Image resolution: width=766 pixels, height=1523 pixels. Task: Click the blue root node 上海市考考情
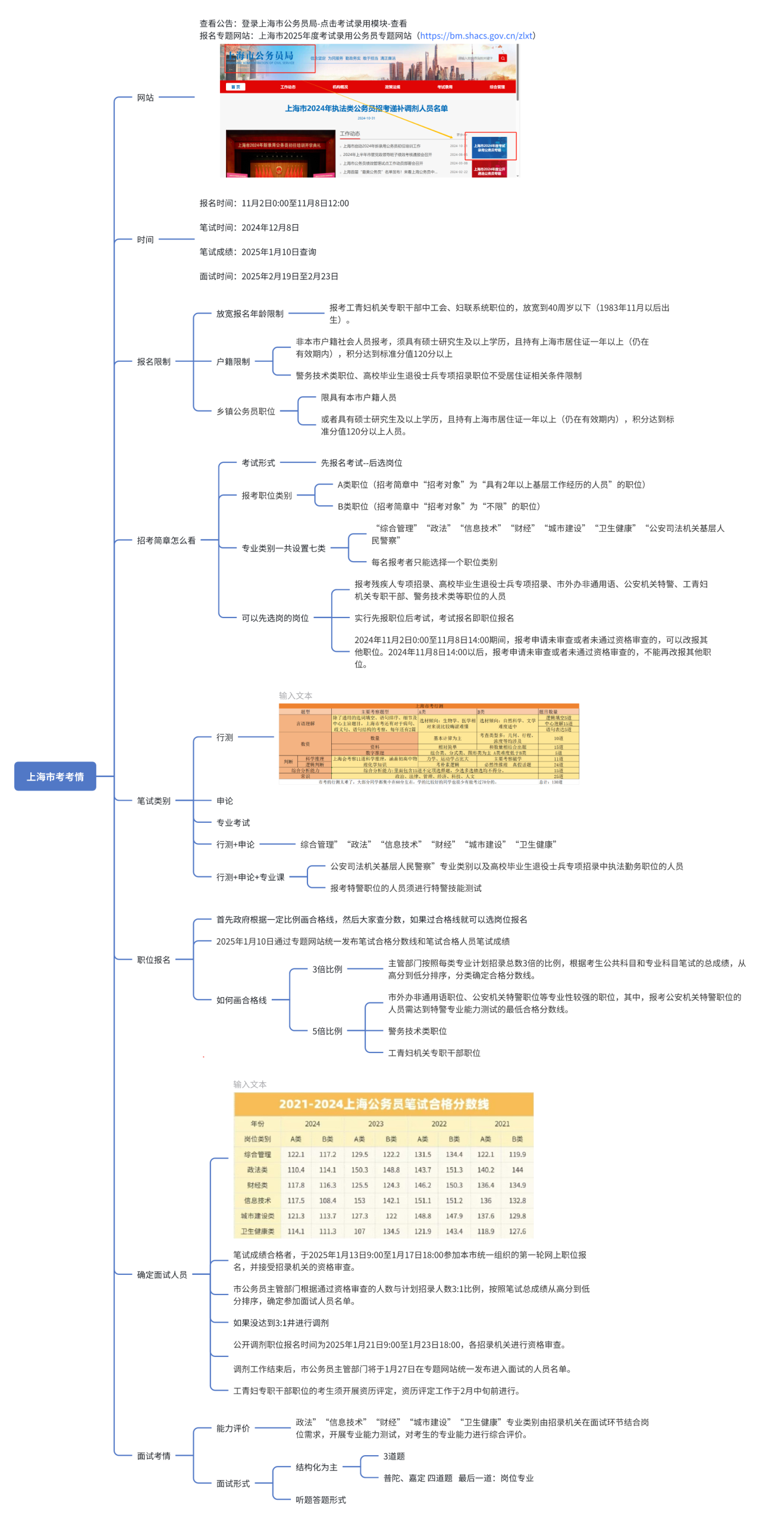pyautogui.click(x=55, y=776)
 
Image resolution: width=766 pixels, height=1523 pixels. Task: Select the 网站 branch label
pyautogui.click(x=145, y=97)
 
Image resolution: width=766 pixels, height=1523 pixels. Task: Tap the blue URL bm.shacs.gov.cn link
pyautogui.click(x=476, y=36)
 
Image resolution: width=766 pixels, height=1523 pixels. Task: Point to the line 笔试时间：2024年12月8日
pyautogui.click(x=249, y=227)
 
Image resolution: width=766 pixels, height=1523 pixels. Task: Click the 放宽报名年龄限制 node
pyautogui.click(x=250, y=314)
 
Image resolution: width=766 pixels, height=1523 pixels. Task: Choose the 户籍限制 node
pyautogui.click(x=233, y=361)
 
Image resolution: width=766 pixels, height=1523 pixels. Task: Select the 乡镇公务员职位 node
pyautogui.click(x=246, y=411)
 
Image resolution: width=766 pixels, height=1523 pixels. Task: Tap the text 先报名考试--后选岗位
pyautogui.click(x=361, y=462)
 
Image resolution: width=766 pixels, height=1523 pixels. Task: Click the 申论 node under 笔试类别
pyautogui.click(x=225, y=800)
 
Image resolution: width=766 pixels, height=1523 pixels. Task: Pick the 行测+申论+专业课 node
pyautogui.click(x=250, y=876)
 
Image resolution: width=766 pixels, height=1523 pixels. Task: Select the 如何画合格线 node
pyautogui.click(x=241, y=999)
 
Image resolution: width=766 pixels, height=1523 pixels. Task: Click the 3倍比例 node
pyautogui.click(x=327, y=969)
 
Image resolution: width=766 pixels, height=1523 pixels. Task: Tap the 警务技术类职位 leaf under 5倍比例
pyautogui.click(x=417, y=1030)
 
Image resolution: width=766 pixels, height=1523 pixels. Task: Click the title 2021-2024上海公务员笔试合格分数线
pyautogui.click(x=384, y=1104)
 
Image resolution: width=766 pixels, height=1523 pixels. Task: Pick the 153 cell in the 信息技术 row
pyautogui.click(x=359, y=1200)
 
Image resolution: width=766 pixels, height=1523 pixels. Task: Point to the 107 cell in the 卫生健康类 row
pyautogui.click(x=359, y=1231)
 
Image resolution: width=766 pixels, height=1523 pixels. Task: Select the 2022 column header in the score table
pyautogui.click(x=439, y=1123)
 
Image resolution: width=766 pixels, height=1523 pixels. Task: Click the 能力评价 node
pyautogui.click(x=233, y=1428)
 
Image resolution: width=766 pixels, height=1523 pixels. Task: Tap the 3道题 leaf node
pyautogui.click(x=394, y=1455)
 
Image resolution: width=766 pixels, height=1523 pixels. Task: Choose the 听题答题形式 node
pyautogui.click(x=321, y=1499)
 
